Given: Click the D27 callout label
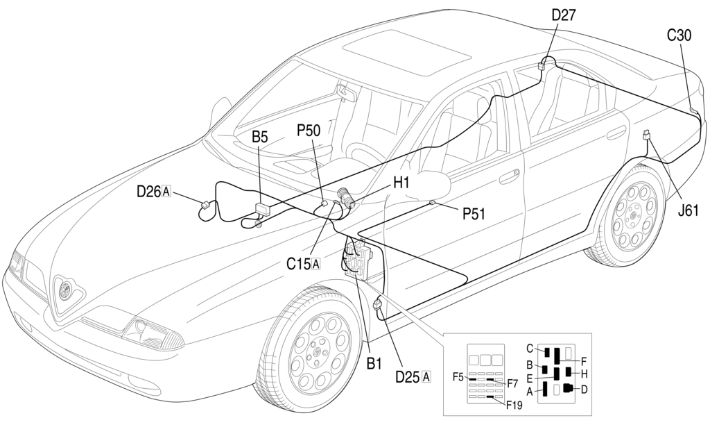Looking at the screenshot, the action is pos(563,15).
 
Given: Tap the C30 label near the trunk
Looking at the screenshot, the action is pos(679,35).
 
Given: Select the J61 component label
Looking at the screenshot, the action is pos(688,210).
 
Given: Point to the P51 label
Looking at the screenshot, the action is pos(474,213).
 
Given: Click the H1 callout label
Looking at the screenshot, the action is pos(401,183).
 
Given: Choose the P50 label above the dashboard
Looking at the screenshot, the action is pos(309,131).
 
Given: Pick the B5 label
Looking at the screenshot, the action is pos(260,137).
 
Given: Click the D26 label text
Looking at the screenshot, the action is pos(148,192).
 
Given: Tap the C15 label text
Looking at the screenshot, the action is pos(298,264).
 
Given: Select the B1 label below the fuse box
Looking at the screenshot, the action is pos(374,363).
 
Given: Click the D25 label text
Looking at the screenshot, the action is pos(408,377).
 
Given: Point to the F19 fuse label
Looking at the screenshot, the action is pos(514,405).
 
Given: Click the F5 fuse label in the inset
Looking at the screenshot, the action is pos(458,376).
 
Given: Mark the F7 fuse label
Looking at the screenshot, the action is pos(512,384).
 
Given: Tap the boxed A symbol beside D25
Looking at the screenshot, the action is pos(426,377).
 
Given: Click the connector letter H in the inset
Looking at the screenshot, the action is pos(584,374).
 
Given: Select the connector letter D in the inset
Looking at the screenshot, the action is pos(584,389).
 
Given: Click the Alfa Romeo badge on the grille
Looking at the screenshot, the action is pos(65,288).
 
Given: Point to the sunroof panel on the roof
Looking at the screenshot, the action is pos(406,51).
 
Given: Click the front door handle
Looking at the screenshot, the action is pos(510,176).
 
